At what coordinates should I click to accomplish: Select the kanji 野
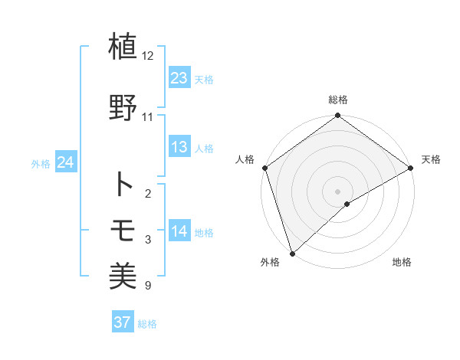[x=123, y=106]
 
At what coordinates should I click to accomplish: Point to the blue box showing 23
[x=179, y=78]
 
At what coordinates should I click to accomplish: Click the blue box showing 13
[x=179, y=147]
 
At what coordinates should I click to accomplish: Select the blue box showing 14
[x=179, y=231]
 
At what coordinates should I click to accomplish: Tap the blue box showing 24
[x=66, y=162]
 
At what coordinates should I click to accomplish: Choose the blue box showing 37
[x=123, y=322]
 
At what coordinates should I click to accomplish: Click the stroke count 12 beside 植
[x=148, y=56]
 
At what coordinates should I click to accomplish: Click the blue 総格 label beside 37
[x=147, y=324]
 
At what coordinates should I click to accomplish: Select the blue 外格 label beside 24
[x=41, y=163]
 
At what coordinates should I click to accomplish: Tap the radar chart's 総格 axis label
[x=337, y=100]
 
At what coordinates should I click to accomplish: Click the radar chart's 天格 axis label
[x=431, y=159]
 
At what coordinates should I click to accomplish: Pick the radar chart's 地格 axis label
[x=402, y=263]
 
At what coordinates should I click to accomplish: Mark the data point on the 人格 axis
[x=264, y=168]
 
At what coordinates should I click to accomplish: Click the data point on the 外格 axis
[x=291, y=253]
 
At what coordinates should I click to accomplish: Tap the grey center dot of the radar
[x=337, y=191]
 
